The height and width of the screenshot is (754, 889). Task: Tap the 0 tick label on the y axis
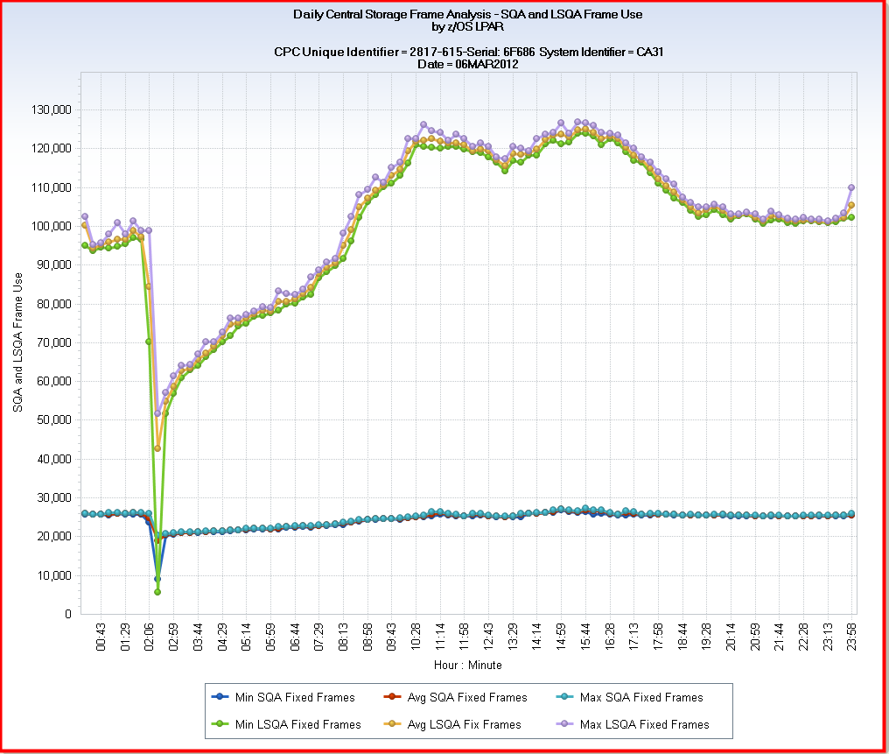pyautogui.click(x=66, y=614)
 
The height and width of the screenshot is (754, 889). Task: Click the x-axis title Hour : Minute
pyautogui.click(x=467, y=666)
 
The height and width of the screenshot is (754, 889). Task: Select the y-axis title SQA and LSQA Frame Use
pyautogui.click(x=17, y=342)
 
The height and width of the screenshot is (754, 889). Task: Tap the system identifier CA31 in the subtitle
pyautogui.click(x=647, y=53)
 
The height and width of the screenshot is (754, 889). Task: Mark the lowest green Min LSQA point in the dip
pyautogui.click(x=157, y=592)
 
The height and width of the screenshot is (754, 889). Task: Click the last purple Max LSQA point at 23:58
pyautogui.click(x=851, y=187)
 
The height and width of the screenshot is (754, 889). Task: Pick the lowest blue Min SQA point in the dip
pyautogui.click(x=157, y=578)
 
